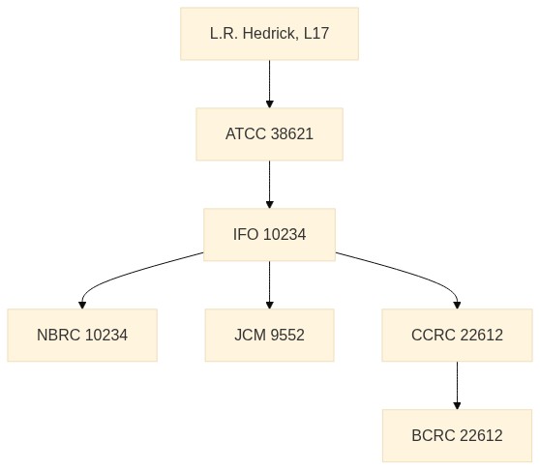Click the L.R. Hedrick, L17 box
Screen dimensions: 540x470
coord(269,34)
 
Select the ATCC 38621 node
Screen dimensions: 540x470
coord(269,134)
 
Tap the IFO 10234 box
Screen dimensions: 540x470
coord(269,235)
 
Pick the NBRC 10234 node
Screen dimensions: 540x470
coord(82,336)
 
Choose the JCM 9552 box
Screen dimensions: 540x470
coord(269,336)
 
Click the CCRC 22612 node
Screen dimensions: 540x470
coord(457,336)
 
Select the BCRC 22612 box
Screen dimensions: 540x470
coord(457,435)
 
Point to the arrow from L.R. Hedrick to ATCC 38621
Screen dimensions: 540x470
coord(270,84)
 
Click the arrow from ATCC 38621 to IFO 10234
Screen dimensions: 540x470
coord(270,185)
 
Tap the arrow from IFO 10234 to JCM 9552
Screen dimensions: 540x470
coord(270,285)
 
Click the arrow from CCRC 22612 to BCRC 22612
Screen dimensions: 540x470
coord(457,385)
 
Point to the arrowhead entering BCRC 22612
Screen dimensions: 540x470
coord(457,405)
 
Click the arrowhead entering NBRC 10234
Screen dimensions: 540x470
coord(82,306)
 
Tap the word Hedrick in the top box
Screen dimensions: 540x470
coord(269,34)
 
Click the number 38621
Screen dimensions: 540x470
coord(292,133)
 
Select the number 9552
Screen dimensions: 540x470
coord(287,335)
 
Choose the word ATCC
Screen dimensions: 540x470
coord(246,133)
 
